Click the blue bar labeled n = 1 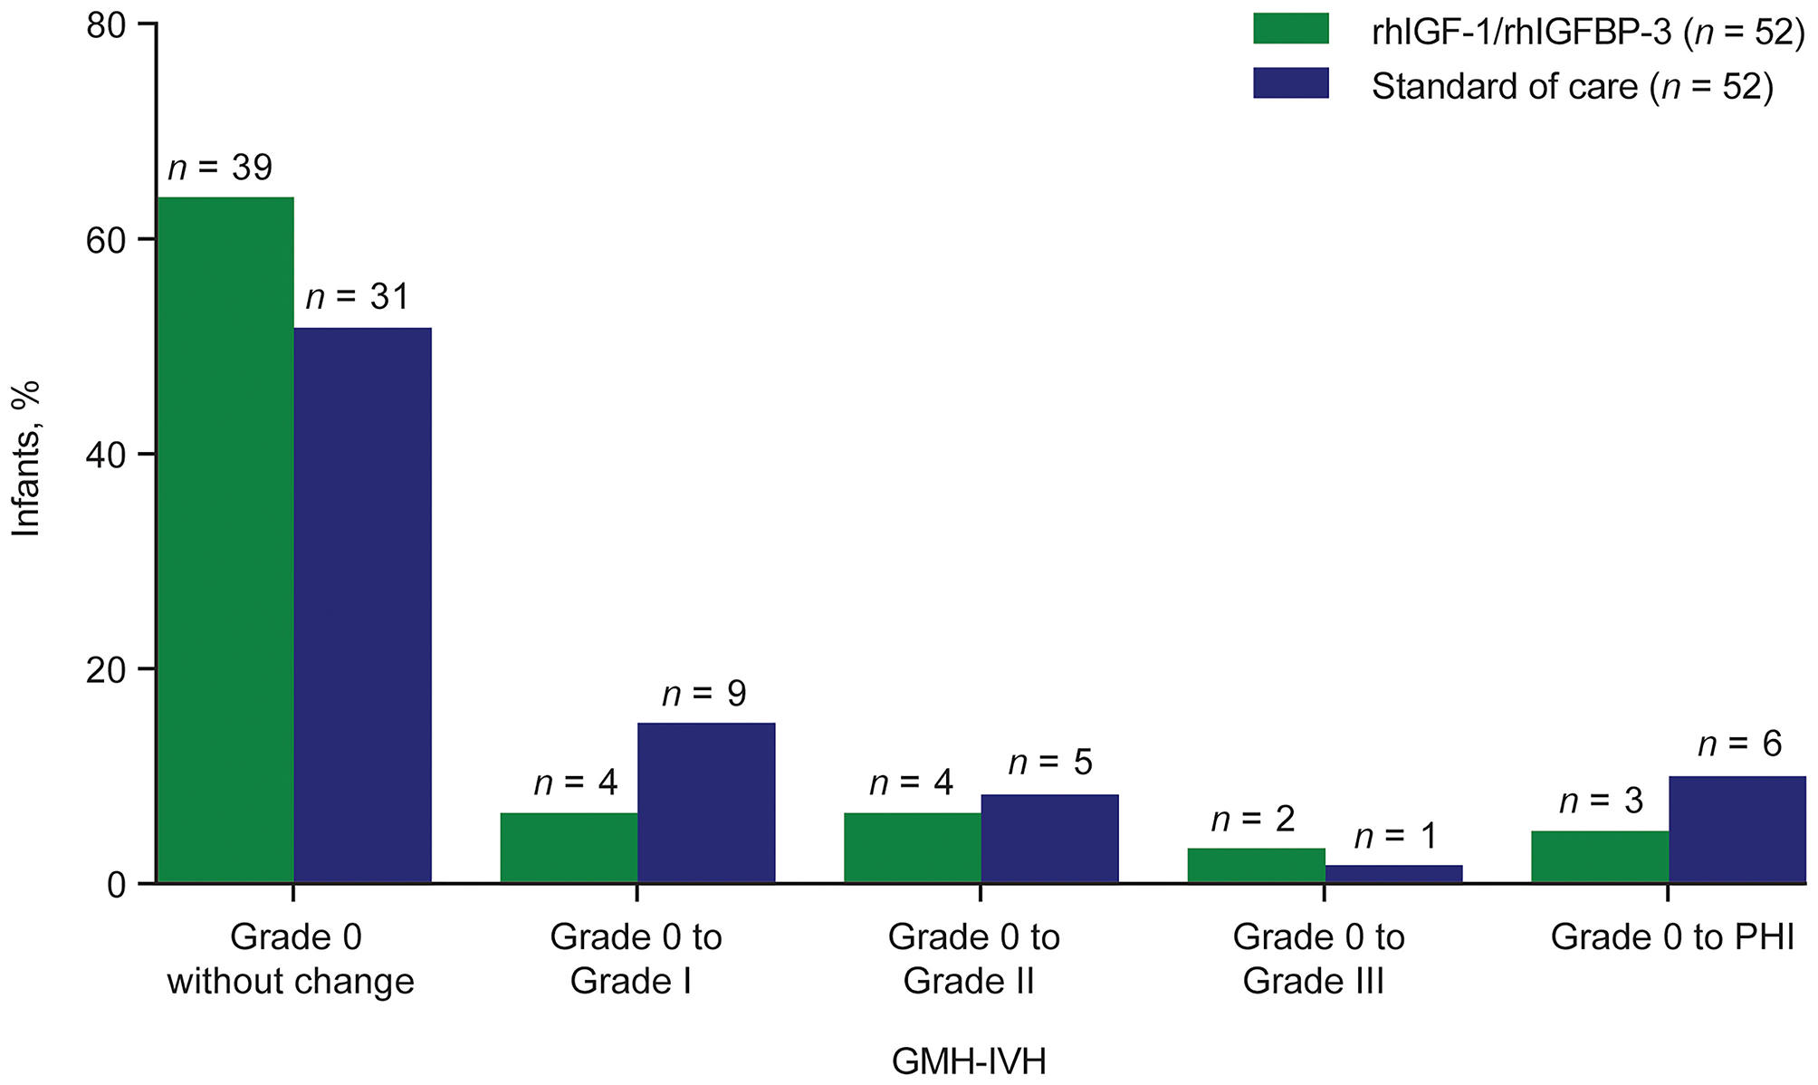1393,874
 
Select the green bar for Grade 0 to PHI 1600,857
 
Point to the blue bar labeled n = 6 1737,830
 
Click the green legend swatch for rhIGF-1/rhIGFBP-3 1290,29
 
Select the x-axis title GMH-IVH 969,1061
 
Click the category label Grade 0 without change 292,958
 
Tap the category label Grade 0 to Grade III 1317,958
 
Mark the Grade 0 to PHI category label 1671,937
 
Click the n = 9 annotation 704,694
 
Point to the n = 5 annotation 1050,763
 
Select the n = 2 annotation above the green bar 1253,819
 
